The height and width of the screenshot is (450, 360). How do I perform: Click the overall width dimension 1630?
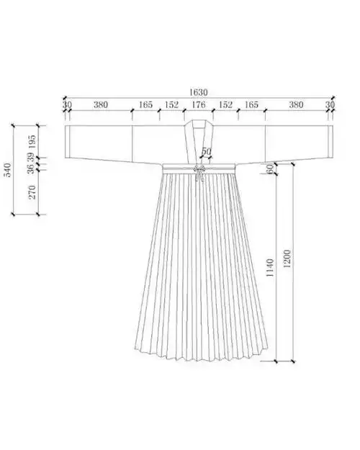[x=198, y=92]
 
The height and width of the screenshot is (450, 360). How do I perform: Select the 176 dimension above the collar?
[x=199, y=104]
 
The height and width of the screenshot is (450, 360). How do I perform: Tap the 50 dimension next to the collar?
[x=206, y=151]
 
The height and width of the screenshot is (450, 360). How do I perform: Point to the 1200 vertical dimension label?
[x=287, y=258]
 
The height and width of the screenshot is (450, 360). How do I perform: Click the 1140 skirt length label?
[x=270, y=268]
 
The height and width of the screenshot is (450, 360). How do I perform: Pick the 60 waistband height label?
[x=270, y=169]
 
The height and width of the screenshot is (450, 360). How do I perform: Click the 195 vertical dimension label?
[x=32, y=142]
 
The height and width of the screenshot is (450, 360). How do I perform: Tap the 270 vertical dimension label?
[x=32, y=192]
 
